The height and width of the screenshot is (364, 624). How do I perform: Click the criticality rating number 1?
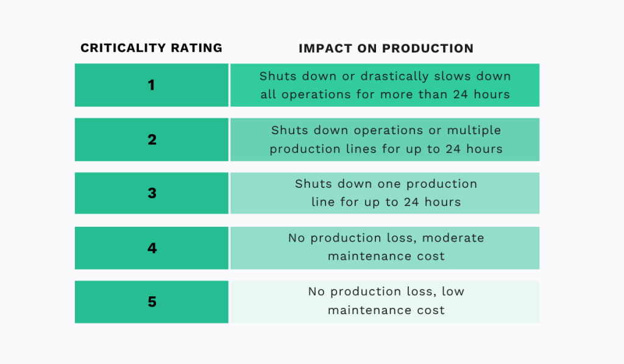pos(152,85)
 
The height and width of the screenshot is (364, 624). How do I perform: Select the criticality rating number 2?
pos(152,140)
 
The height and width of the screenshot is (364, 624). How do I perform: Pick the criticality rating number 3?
pos(152,193)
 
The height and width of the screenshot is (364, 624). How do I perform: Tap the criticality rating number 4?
pos(152,248)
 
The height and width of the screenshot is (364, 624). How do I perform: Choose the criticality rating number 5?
pos(152,302)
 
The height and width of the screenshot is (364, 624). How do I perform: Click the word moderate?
pos(455,238)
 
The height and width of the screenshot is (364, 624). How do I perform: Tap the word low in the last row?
pos(453,291)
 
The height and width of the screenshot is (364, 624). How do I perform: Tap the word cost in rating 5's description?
pos(431,310)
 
